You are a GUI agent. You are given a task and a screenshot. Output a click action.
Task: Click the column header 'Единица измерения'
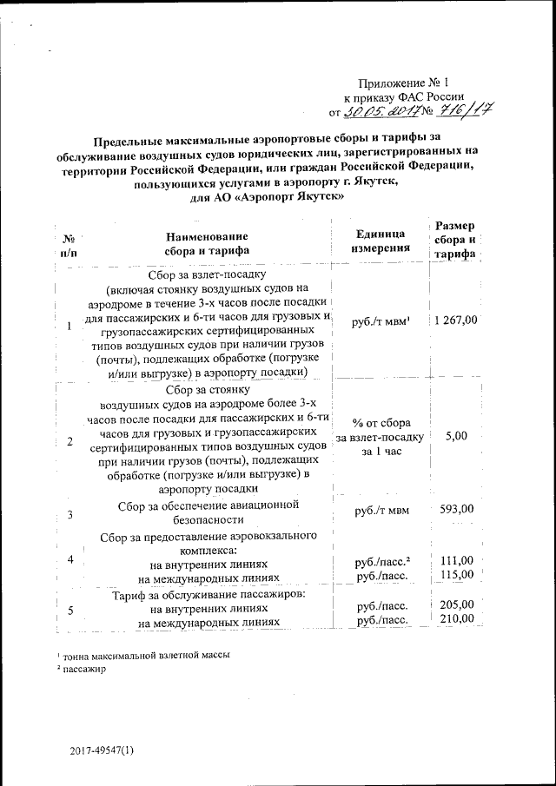(380, 241)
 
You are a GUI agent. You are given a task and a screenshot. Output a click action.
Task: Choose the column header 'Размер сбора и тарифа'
(455, 240)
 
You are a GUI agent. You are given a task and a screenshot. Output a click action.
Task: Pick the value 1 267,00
(456, 320)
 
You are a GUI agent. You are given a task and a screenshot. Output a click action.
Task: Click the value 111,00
(457, 561)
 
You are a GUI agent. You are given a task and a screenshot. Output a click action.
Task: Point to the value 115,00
(457, 575)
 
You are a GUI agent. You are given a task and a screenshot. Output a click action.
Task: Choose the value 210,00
(457, 618)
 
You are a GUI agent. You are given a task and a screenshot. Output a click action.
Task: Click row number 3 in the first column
(69, 515)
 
